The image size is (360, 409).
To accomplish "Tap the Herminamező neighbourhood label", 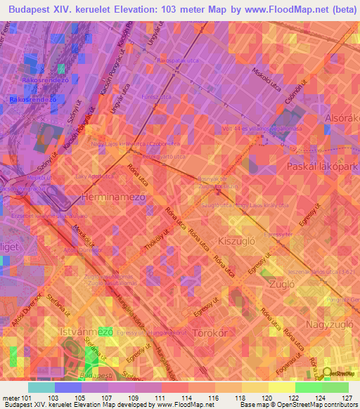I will (x=113, y=197).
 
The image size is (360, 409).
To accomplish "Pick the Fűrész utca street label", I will (x=157, y=96).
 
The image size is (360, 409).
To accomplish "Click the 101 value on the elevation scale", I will (x=27, y=397).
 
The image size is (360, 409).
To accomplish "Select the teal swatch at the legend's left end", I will (x=41, y=387).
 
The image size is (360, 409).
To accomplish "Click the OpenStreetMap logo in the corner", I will (x=341, y=372).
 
